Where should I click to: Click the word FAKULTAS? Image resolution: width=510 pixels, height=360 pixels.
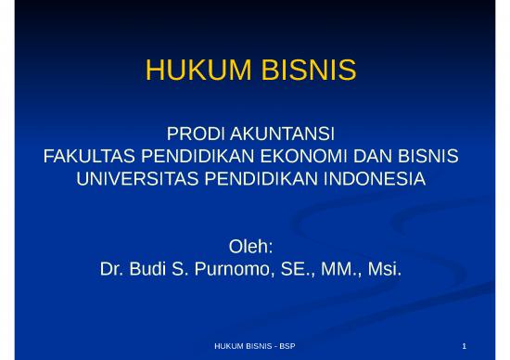pyautogui.click(x=89, y=152)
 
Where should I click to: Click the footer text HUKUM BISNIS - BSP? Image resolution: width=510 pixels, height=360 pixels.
pyautogui.click(x=254, y=346)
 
